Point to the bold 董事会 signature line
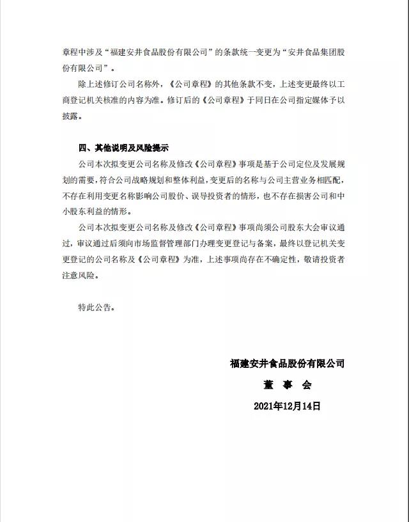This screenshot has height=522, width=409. click(x=286, y=385)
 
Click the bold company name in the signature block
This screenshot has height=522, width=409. click(x=287, y=364)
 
